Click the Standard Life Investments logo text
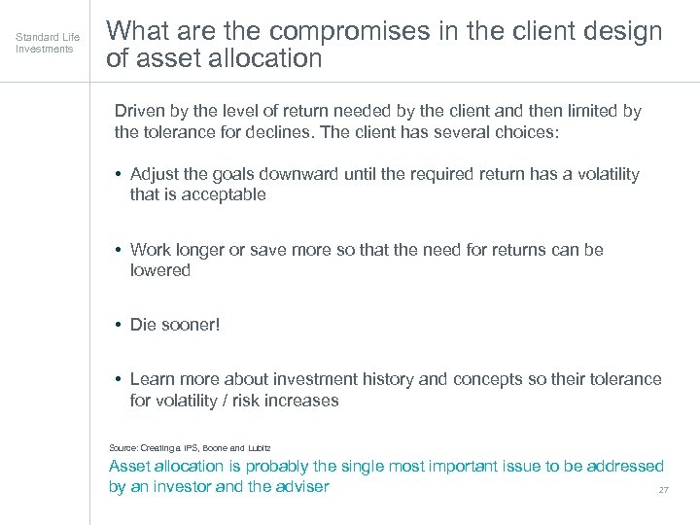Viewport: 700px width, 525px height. (x=48, y=43)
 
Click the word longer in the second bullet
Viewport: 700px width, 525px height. (x=199, y=250)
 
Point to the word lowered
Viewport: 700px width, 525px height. (x=160, y=270)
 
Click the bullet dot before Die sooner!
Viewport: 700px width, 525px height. (x=117, y=325)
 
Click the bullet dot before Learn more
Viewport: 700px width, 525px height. (x=117, y=379)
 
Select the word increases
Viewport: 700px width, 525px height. (x=302, y=400)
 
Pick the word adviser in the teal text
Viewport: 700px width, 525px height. (x=299, y=486)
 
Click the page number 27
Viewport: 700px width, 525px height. (x=663, y=490)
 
